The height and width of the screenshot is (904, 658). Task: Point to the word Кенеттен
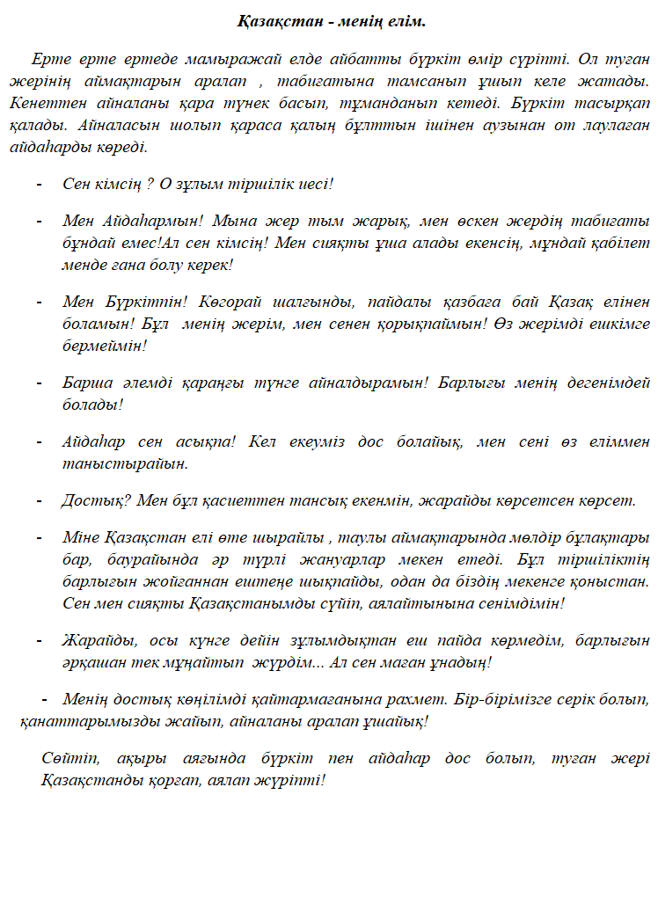tap(44, 103)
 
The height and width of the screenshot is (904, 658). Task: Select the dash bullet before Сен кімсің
tap(39, 185)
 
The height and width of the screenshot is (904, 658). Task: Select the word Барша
tap(85, 383)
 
